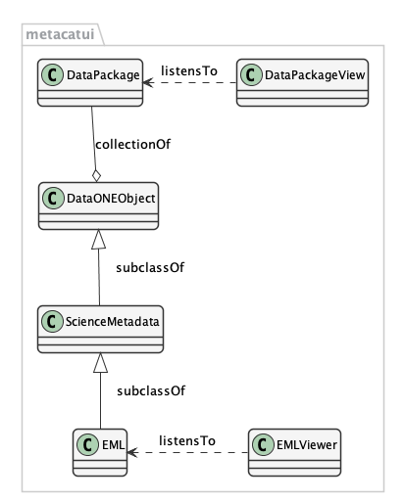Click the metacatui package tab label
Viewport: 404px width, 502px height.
(60, 34)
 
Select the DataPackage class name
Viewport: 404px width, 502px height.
(103, 75)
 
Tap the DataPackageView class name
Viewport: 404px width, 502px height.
(315, 75)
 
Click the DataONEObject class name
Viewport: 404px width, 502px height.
(111, 199)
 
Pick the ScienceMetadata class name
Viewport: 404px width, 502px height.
(112, 322)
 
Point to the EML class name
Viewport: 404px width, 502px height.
(113, 445)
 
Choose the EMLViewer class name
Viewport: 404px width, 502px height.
(307, 445)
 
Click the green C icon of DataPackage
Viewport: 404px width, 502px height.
(52, 75)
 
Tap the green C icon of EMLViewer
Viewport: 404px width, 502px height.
(263, 444)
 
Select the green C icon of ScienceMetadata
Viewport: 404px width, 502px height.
(52, 322)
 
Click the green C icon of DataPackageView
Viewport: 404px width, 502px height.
(251, 75)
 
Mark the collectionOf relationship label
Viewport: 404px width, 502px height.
(132, 144)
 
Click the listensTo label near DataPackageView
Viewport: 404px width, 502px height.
(189, 70)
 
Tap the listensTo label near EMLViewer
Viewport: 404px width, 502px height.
(187, 441)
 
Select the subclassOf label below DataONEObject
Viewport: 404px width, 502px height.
(150, 267)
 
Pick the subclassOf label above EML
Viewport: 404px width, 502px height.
(151, 390)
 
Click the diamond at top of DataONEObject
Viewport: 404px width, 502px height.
(96, 175)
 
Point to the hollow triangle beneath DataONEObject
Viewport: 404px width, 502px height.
(98, 239)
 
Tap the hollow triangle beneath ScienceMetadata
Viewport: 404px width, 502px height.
(100, 362)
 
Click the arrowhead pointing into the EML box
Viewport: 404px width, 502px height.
(132, 452)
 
